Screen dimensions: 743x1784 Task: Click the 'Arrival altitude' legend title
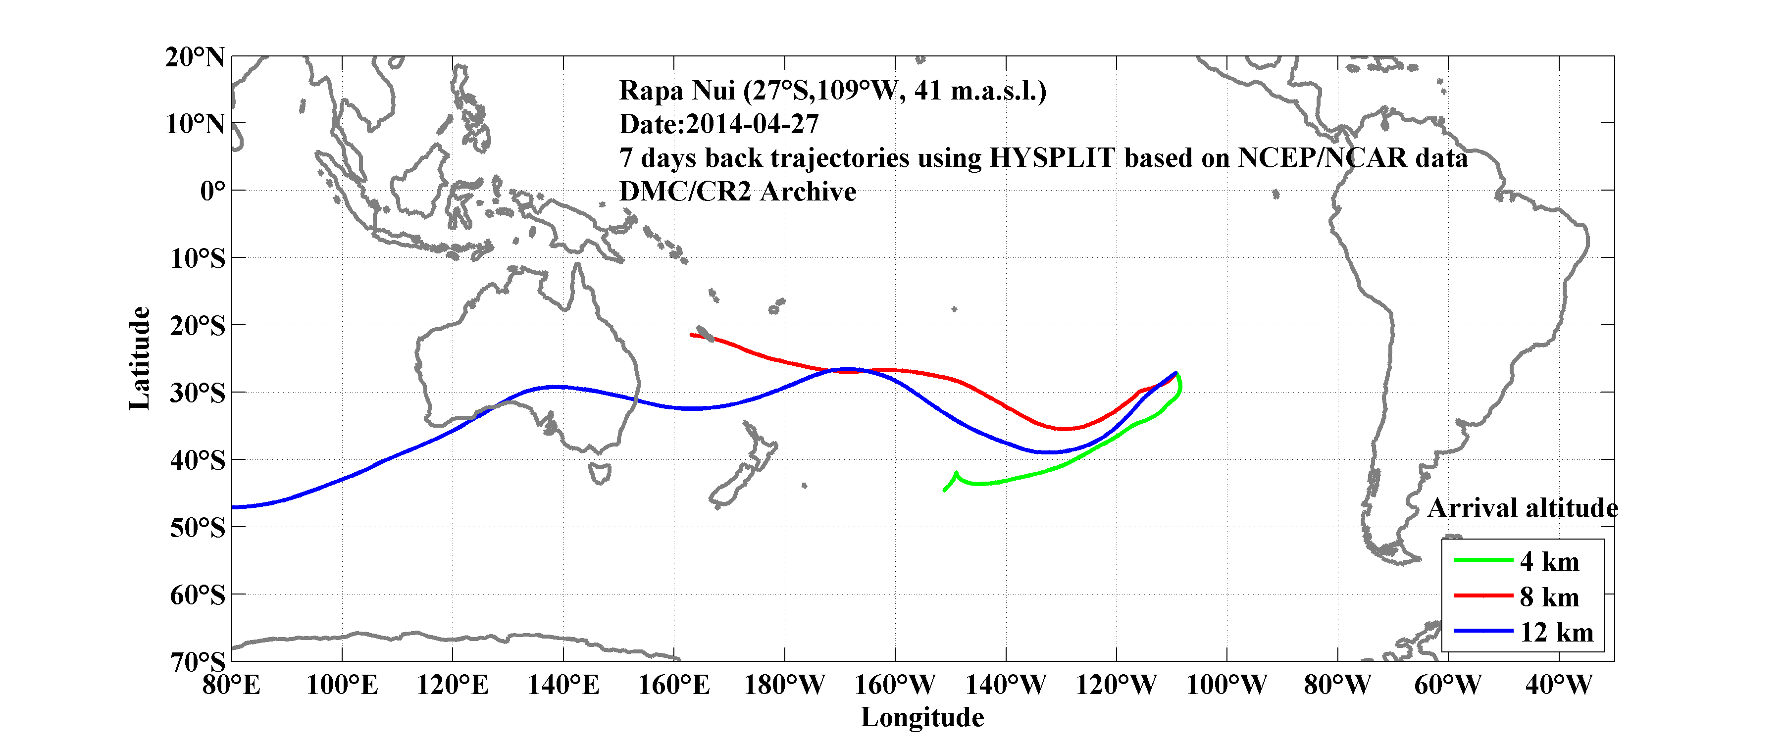pos(1522,508)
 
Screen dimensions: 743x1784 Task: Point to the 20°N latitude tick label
pos(195,57)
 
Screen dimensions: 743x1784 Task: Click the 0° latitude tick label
pos(212,191)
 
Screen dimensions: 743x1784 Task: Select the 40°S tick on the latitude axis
pos(198,460)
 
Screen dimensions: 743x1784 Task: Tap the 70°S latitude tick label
pos(198,662)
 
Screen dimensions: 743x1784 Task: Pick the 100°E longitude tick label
pos(342,685)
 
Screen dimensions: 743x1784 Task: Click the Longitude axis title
pos(922,717)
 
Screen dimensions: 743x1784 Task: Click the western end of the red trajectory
pos(692,335)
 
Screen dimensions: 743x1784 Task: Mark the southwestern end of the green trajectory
pos(945,490)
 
